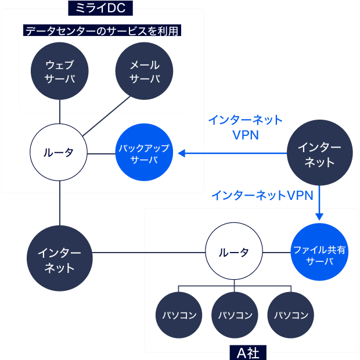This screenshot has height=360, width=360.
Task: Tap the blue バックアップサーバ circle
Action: point(145,153)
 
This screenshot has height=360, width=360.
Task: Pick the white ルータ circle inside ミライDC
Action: point(59,153)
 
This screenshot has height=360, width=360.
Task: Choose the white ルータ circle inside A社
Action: point(234,253)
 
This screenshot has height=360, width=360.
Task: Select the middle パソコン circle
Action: point(235,315)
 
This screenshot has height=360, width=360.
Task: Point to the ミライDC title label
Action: point(100,8)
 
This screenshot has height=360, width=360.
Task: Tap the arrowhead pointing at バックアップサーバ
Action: point(182,153)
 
